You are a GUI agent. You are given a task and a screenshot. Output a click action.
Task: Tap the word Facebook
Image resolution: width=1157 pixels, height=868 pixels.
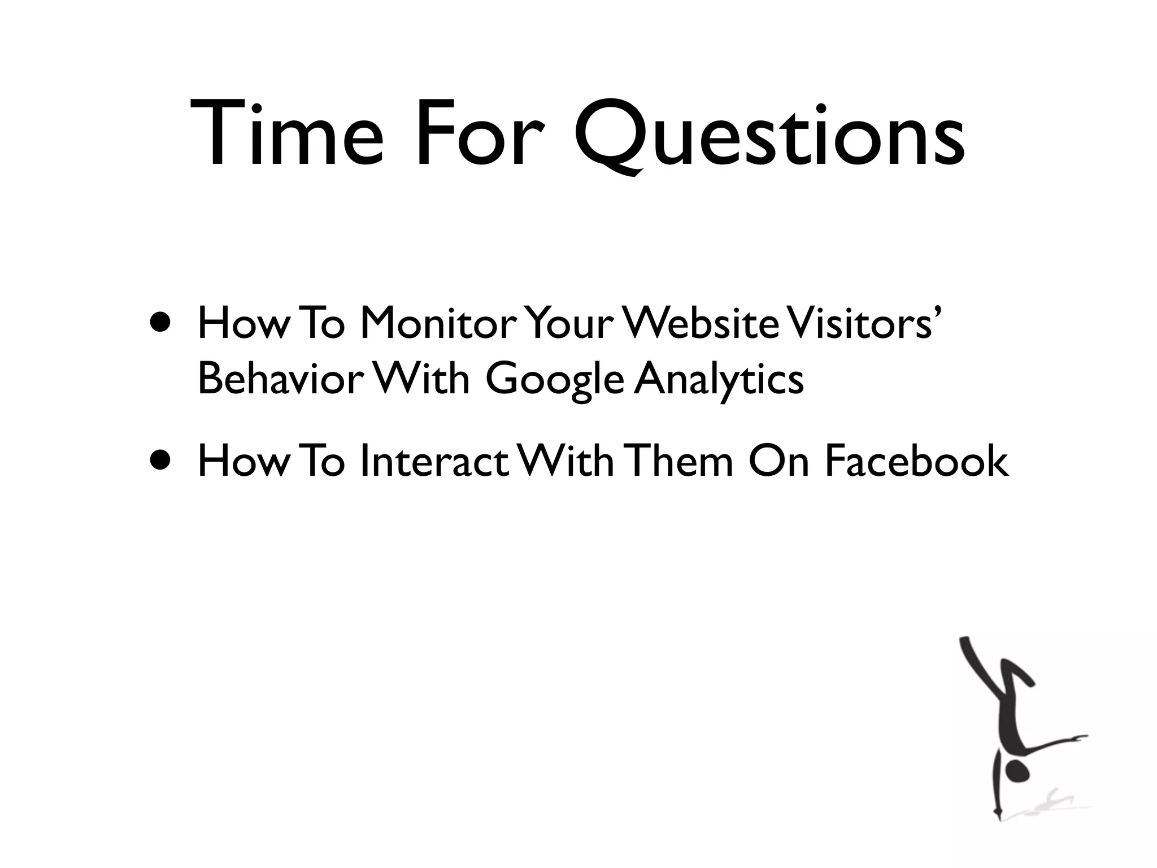click(x=916, y=461)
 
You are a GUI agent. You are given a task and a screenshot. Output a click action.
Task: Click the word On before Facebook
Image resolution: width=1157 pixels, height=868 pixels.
click(x=780, y=461)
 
